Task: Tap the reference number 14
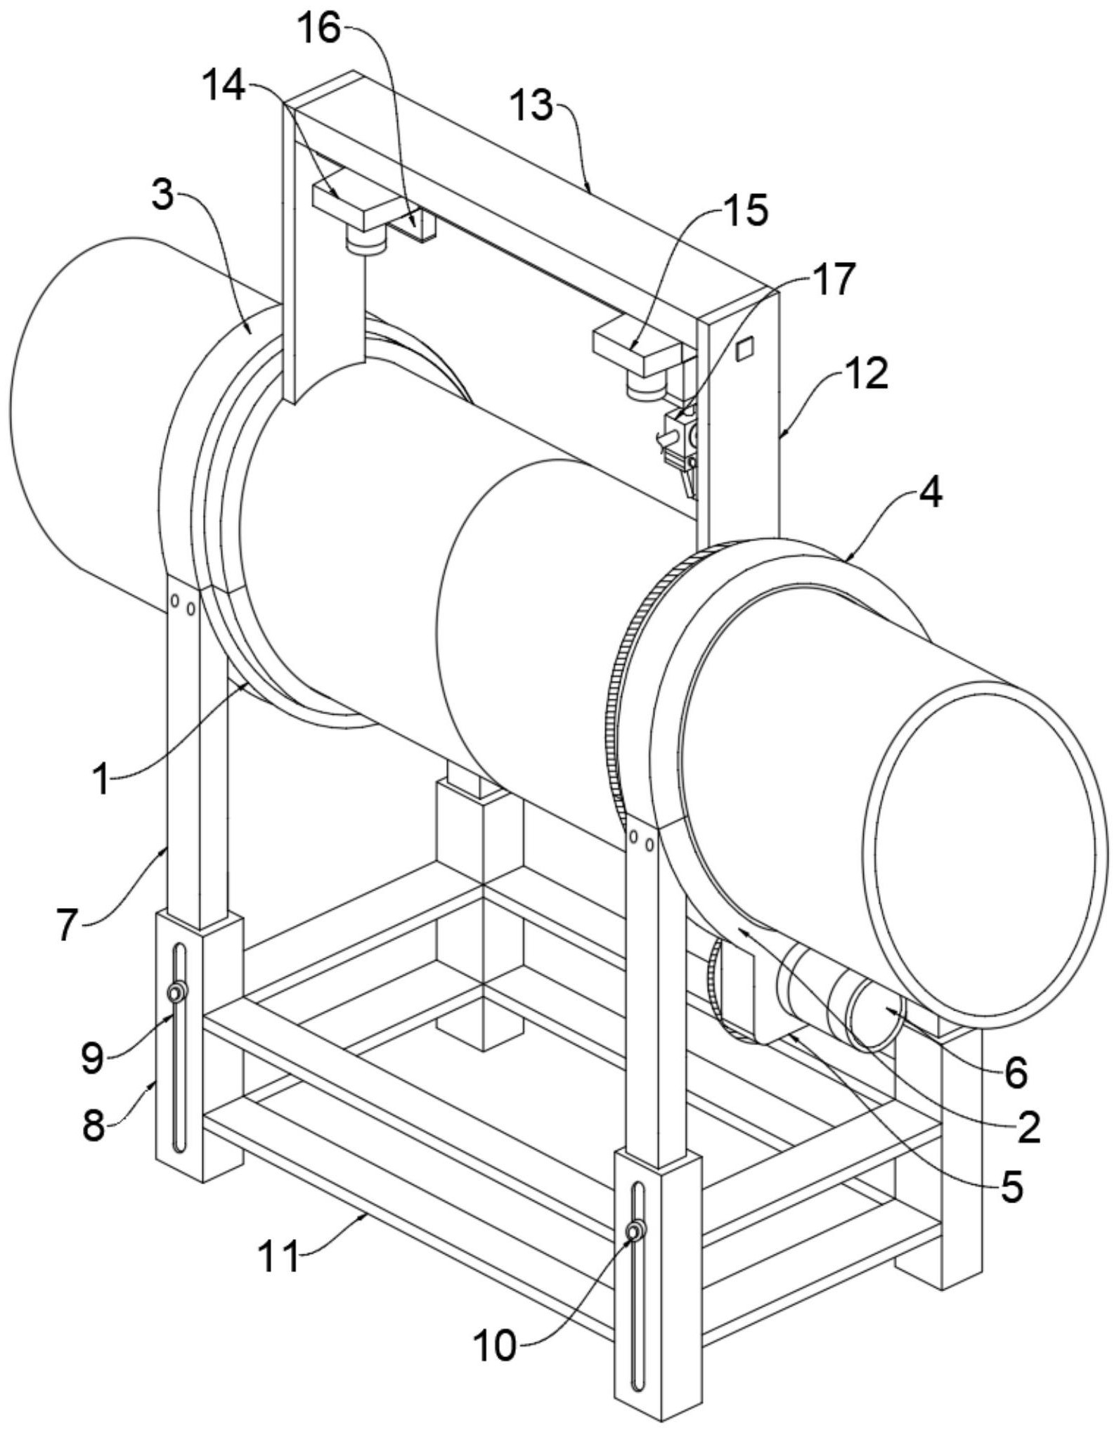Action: click(x=223, y=88)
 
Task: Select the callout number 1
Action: click(x=103, y=779)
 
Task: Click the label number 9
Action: click(x=92, y=1057)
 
